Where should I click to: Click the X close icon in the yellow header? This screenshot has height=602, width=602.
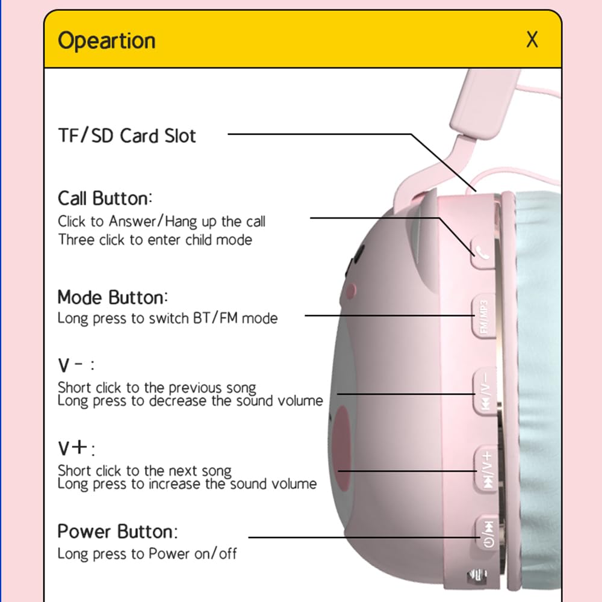[532, 40]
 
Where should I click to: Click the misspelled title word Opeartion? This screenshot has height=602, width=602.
[107, 41]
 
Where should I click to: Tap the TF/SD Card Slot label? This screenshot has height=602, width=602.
[126, 135]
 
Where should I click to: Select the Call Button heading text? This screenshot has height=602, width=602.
[105, 199]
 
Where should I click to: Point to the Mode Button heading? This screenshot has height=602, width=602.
[113, 297]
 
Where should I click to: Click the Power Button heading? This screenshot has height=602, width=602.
[117, 532]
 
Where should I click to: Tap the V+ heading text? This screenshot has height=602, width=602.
[76, 448]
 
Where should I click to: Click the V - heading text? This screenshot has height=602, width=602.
[76, 365]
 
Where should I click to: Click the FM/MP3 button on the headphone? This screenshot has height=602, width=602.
[483, 316]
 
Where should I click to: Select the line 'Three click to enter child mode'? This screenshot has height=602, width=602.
[155, 240]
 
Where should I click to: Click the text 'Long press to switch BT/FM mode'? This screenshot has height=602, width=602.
[167, 318]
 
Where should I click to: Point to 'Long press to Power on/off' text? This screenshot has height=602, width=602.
[147, 554]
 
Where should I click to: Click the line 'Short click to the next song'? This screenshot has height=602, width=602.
[144, 471]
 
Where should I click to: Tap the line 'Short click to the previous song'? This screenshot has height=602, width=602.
[157, 388]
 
